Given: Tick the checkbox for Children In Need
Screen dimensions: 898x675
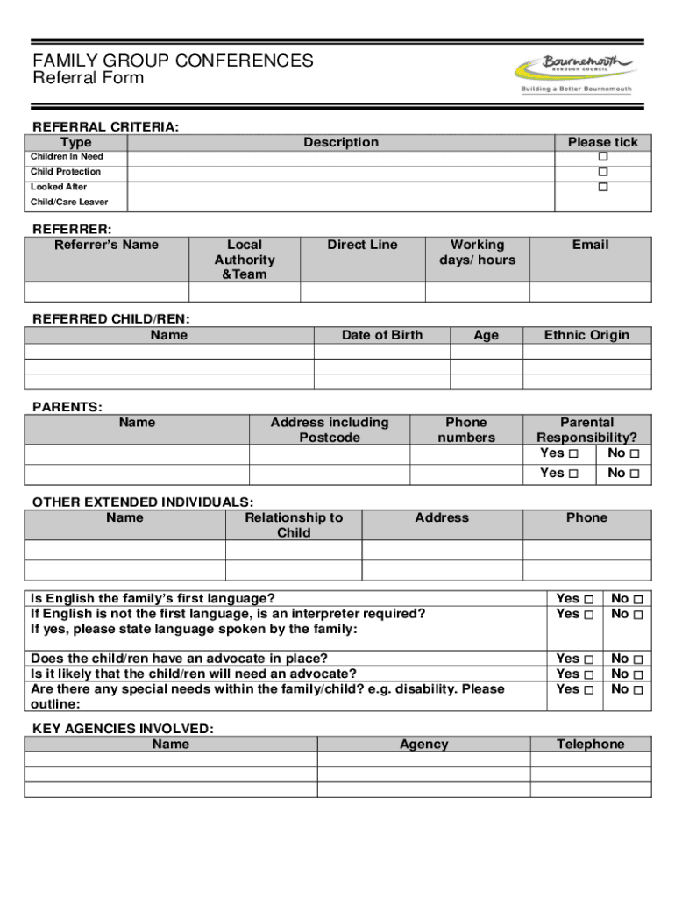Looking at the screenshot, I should (603, 157).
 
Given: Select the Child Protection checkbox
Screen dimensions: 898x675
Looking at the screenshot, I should (603, 172).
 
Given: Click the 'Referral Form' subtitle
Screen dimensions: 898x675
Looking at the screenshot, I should (88, 78).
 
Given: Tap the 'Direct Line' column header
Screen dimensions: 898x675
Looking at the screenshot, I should (362, 245).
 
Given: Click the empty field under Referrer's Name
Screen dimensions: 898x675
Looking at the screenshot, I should (106, 292).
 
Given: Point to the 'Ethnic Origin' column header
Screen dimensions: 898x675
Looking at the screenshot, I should (586, 335).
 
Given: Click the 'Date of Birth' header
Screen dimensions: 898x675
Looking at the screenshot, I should (381, 335).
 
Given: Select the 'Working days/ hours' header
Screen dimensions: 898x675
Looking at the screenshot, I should (477, 253).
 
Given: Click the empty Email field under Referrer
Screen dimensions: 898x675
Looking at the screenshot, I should (590, 292).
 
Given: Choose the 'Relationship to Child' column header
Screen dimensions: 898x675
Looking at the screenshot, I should (294, 525).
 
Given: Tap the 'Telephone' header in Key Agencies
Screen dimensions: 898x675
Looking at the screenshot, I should (590, 745).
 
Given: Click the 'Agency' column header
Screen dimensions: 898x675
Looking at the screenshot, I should (423, 745).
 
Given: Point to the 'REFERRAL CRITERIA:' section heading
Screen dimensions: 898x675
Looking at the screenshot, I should (105, 127).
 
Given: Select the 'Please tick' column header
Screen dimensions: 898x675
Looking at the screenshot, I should (603, 142).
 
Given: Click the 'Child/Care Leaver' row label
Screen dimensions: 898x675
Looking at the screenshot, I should (69, 203).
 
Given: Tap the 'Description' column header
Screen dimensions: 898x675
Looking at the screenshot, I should (341, 142).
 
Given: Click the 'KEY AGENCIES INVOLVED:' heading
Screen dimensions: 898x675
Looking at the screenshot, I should (123, 729).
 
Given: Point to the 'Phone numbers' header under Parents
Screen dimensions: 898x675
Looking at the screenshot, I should (466, 430).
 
